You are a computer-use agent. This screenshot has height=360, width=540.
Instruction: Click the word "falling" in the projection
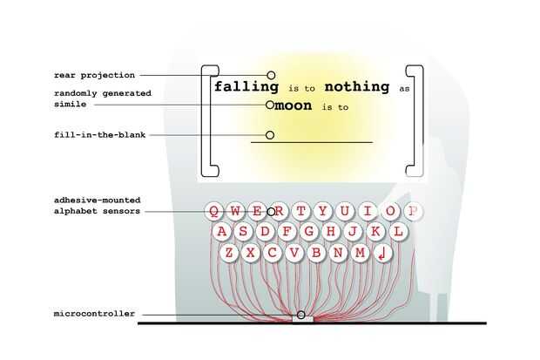(x=246, y=87)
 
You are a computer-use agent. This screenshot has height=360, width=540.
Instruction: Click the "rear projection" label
(x=95, y=75)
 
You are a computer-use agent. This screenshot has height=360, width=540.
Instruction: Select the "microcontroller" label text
(x=93, y=314)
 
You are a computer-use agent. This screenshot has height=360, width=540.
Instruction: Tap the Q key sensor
(x=213, y=211)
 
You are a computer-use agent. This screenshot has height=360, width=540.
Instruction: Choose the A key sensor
(x=221, y=232)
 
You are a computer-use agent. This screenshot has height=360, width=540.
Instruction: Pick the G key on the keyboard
(x=308, y=232)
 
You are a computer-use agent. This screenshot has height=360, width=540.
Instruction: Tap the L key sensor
(x=398, y=232)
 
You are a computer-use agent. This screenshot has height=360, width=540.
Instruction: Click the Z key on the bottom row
(x=229, y=253)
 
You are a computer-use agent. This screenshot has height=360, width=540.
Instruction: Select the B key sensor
(x=316, y=253)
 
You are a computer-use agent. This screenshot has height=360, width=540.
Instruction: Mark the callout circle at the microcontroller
(x=301, y=315)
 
